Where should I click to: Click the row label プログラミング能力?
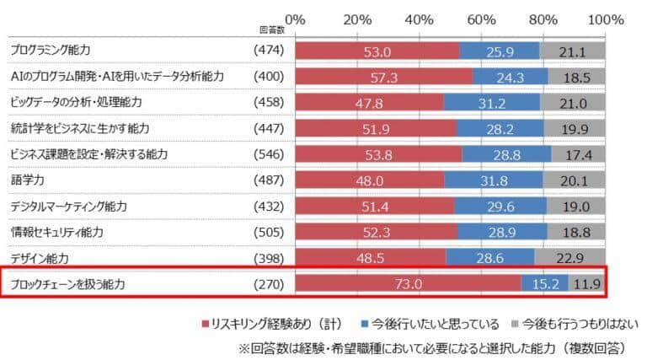coord(50,51)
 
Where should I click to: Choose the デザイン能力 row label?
coord(40,258)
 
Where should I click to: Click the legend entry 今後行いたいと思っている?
coord(430,324)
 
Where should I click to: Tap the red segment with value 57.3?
coord(383,77)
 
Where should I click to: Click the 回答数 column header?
coord(270,29)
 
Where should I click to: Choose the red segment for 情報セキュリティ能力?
coord(375,232)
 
